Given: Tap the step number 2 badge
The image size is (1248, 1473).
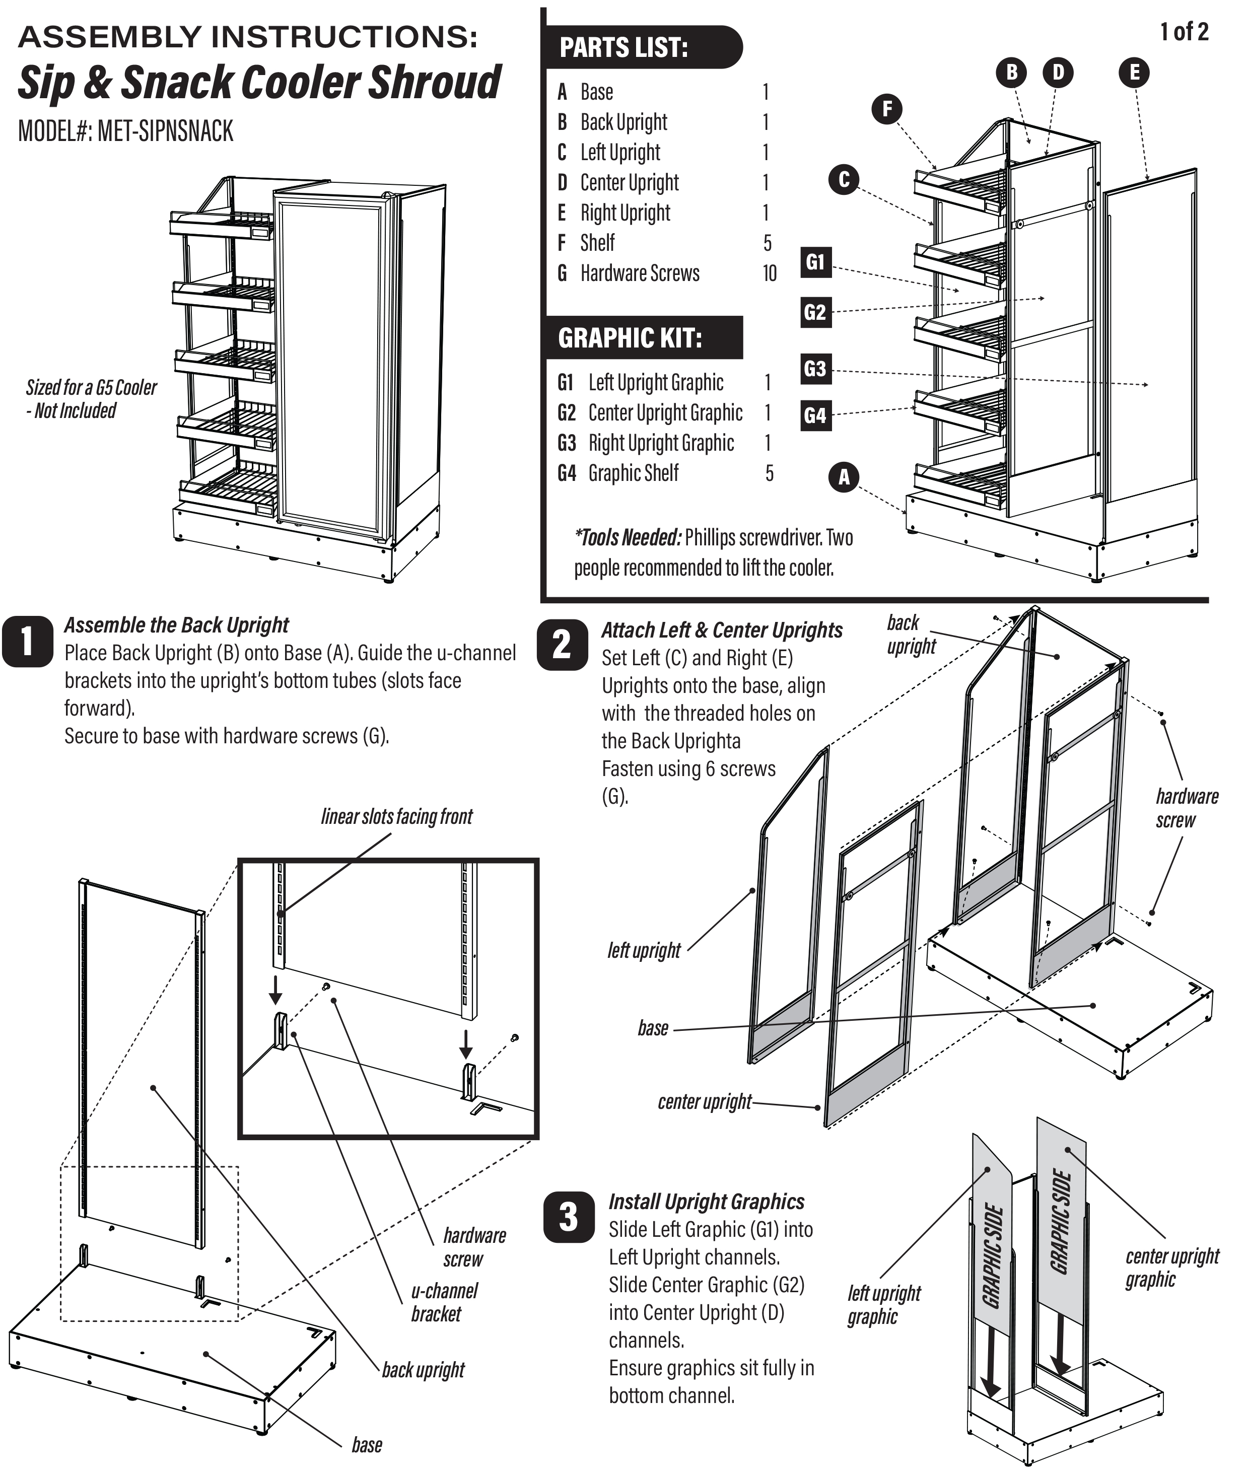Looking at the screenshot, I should point(563,645).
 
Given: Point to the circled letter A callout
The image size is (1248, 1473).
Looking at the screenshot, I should point(844,477).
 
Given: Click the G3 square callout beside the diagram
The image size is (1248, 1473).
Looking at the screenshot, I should point(815,369).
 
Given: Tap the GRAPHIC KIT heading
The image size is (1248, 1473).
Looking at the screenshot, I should point(630,338).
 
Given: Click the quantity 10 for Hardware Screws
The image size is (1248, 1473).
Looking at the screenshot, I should point(769,273).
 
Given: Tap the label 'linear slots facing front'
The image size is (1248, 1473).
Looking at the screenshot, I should point(396,816).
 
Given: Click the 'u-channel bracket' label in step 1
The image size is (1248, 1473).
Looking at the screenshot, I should point(444,1302).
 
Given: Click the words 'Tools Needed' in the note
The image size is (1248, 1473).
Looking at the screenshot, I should point(628,538).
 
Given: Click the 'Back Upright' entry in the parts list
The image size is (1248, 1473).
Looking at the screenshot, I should point(623,122).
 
